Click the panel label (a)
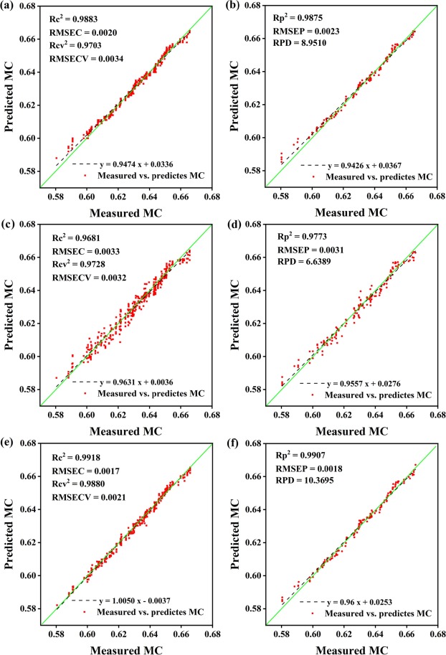[x=10, y=6]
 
